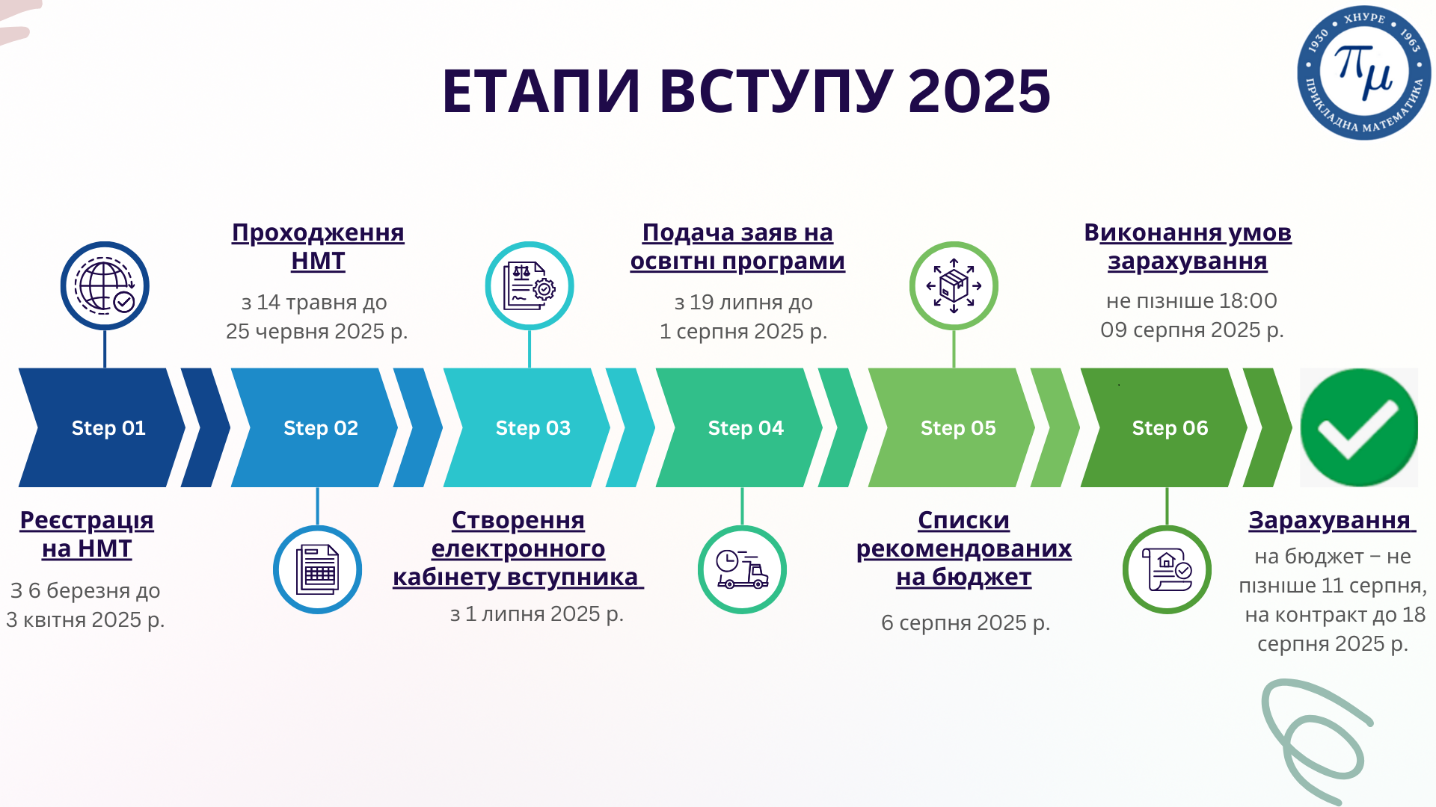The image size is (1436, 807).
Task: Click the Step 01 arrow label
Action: [x=108, y=428]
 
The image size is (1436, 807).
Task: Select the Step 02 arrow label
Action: [x=321, y=428]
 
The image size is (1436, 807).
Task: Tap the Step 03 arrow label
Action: [x=533, y=428]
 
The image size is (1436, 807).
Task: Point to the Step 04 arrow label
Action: [x=746, y=428]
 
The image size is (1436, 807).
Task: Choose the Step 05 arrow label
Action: [x=958, y=428]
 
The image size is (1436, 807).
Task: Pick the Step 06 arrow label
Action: [x=1170, y=428]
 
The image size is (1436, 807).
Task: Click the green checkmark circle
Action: [x=1359, y=427]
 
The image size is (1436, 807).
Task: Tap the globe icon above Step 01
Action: [x=105, y=285]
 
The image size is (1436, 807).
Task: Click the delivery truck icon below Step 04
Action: [x=742, y=569]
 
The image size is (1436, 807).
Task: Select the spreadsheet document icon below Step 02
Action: [x=317, y=569]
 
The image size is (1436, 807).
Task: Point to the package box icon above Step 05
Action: [x=954, y=285]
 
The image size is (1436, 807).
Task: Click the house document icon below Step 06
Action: [x=1167, y=569]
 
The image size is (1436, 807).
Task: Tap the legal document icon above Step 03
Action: [x=530, y=285]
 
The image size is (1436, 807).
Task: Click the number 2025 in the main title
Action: [x=980, y=91]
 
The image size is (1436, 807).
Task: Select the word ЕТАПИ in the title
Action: [x=541, y=91]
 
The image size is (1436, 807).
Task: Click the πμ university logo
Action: [x=1363, y=73]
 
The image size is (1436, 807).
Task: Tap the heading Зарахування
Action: [x=1330, y=520]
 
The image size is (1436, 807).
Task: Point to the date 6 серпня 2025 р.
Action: [x=966, y=622]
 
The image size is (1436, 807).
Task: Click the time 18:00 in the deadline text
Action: [x=1248, y=300]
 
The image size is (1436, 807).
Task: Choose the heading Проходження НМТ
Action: [x=318, y=247]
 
